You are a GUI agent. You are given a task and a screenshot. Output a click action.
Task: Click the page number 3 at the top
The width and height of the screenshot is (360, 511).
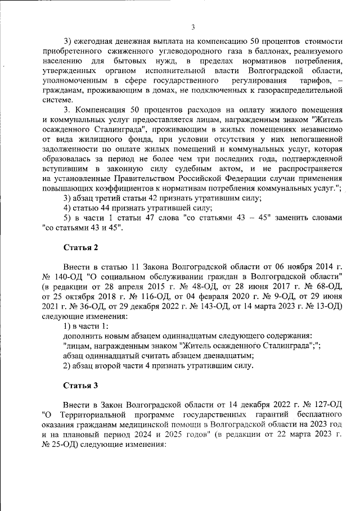[192, 27]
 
